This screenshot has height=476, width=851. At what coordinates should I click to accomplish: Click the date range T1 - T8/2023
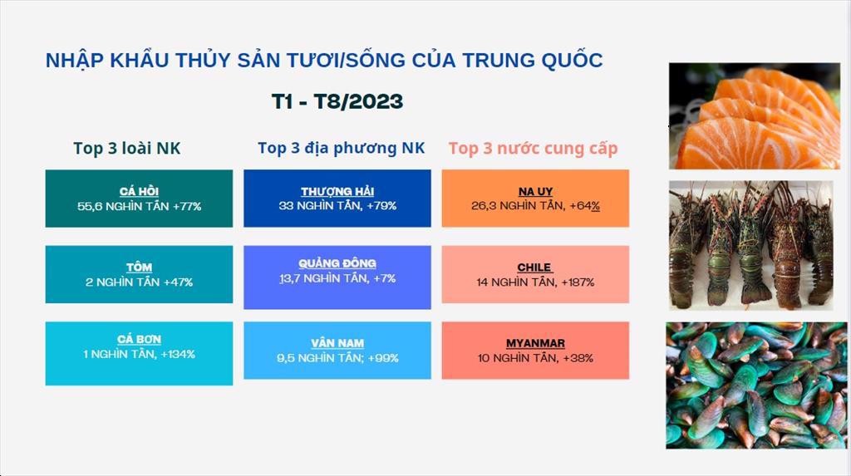click(337, 101)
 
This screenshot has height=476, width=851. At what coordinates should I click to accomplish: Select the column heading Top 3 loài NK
click(126, 148)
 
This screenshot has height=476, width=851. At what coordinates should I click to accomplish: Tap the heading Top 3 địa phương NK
click(341, 148)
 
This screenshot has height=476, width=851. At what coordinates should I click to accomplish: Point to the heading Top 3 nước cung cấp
click(533, 149)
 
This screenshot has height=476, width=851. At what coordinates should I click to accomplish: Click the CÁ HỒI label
click(139, 191)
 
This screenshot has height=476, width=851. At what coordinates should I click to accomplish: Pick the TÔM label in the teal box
click(139, 267)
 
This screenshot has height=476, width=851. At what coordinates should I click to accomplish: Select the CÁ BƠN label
click(139, 339)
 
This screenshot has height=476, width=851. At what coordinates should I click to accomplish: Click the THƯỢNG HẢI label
click(337, 191)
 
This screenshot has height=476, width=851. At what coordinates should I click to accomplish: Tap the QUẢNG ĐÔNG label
click(337, 263)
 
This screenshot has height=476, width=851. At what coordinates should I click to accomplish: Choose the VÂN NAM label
click(337, 343)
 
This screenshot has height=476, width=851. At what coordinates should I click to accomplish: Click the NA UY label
click(535, 191)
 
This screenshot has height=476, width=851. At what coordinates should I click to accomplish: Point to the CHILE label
click(534, 267)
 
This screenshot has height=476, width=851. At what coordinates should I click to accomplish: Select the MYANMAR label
click(535, 343)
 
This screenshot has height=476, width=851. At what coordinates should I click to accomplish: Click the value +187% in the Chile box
click(578, 282)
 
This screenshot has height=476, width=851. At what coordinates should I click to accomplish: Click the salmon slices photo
click(755, 115)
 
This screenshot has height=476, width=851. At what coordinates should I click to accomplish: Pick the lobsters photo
click(751, 245)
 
